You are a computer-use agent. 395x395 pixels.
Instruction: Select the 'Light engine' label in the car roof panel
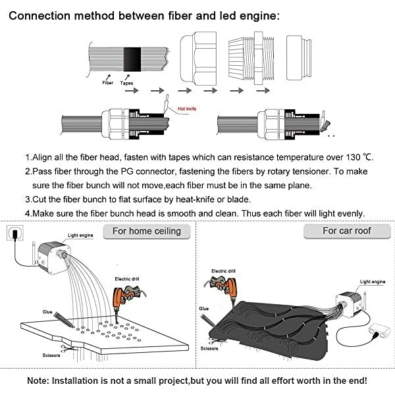[373, 282]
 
